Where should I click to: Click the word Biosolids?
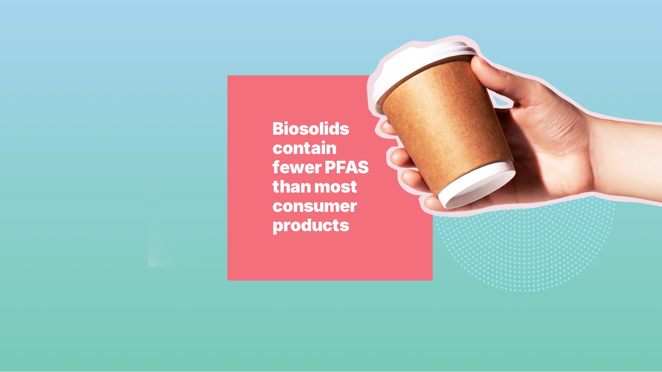(311, 129)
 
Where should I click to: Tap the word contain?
(304, 148)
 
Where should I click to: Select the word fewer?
(297, 167)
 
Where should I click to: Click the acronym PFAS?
(347, 167)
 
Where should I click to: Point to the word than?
(292, 187)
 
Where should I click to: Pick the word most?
(335, 187)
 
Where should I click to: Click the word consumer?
(314, 206)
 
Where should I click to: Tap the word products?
(311, 226)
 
